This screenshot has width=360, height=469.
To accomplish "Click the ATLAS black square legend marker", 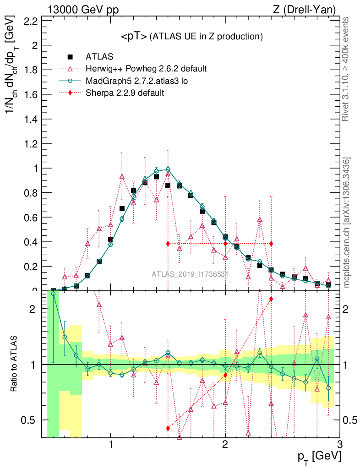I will pyautogui.click(x=70, y=57).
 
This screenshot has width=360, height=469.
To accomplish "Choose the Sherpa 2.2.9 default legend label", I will pyautogui.click(x=125, y=93).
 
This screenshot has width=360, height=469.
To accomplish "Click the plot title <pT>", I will pyautogui.click(x=134, y=37).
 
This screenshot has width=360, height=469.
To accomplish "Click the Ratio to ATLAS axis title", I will pyautogui.click(x=15, y=364).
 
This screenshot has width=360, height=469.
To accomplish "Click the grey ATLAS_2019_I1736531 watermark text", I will pyautogui.click(x=190, y=274).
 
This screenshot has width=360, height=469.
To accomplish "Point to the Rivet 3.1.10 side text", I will pyautogui.click(x=346, y=69).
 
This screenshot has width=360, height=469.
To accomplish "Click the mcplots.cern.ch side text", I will pyautogui.click(x=346, y=222).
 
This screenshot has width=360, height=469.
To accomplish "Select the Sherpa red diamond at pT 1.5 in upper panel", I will pyautogui.click(x=168, y=244).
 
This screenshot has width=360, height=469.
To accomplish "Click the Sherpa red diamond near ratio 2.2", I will pyautogui.click(x=271, y=299).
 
